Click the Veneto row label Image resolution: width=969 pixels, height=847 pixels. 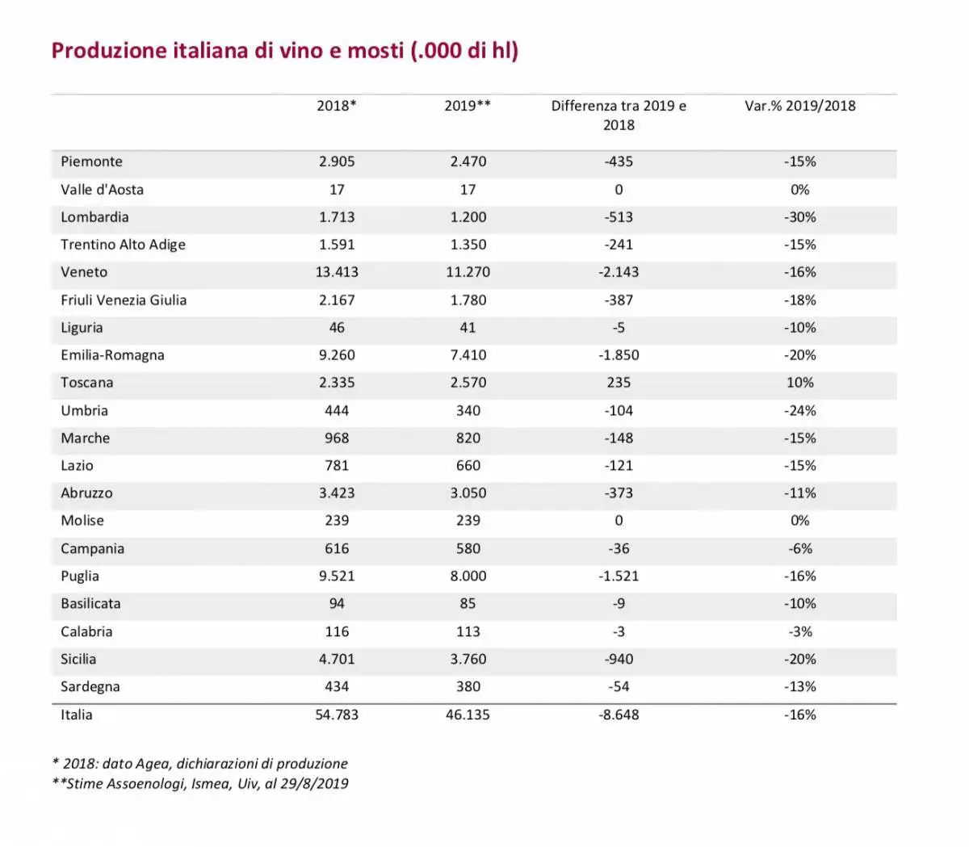click(84, 272)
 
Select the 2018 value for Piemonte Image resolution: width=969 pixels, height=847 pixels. click(337, 161)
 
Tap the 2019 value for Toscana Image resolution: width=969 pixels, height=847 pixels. click(468, 383)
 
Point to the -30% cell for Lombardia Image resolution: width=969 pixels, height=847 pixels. click(800, 217)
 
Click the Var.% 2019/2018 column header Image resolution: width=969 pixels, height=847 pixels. click(799, 106)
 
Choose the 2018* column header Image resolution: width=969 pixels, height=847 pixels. click(337, 106)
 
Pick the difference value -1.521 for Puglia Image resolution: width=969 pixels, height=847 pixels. click(619, 576)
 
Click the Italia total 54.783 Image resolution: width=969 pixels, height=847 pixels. click(337, 715)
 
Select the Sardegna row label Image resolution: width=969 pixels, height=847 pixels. click(90, 687)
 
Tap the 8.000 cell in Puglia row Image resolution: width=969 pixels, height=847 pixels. click(468, 576)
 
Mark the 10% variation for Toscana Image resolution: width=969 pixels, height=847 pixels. click(800, 383)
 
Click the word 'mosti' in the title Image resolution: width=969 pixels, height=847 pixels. click(375, 51)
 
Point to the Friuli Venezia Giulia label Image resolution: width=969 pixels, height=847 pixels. click(124, 300)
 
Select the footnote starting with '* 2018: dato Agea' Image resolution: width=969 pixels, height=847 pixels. click(199, 763)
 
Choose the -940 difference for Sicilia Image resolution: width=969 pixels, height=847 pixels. click(619, 659)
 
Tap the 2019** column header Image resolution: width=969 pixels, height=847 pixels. click(468, 106)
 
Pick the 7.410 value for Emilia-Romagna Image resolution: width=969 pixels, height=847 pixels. click(468, 355)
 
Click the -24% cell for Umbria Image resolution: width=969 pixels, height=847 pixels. click(800, 410)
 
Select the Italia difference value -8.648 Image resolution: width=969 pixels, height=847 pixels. click(619, 715)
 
